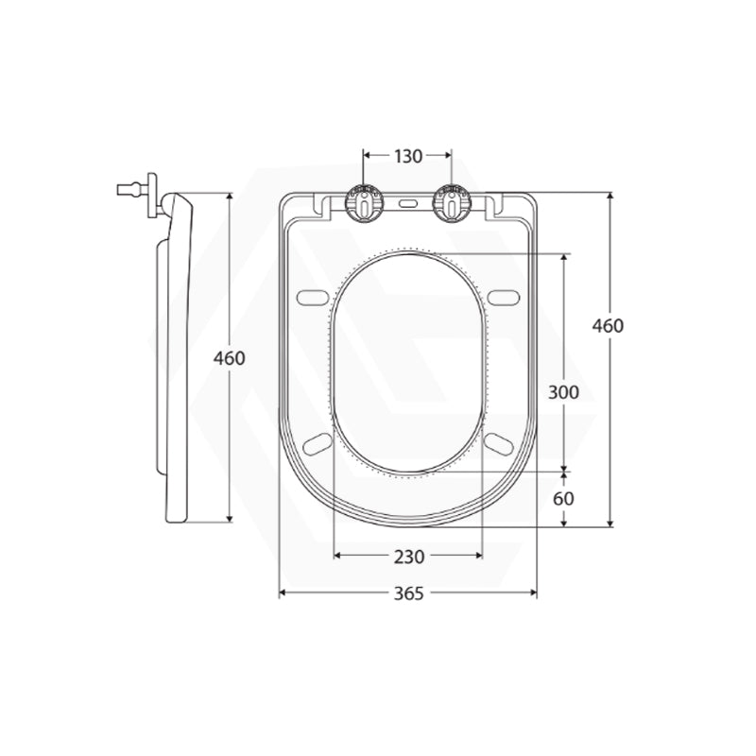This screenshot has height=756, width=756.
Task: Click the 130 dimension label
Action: tap(408, 156)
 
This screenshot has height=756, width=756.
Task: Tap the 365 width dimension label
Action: tap(409, 593)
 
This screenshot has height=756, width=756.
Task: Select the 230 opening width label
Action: tap(409, 557)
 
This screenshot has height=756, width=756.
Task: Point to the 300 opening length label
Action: tap(563, 392)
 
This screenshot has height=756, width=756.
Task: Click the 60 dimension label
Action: tap(563, 499)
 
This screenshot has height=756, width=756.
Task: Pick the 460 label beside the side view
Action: tap(230, 358)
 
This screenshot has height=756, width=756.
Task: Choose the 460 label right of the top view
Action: tap(608, 326)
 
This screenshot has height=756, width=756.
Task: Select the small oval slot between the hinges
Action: tap(408, 204)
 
